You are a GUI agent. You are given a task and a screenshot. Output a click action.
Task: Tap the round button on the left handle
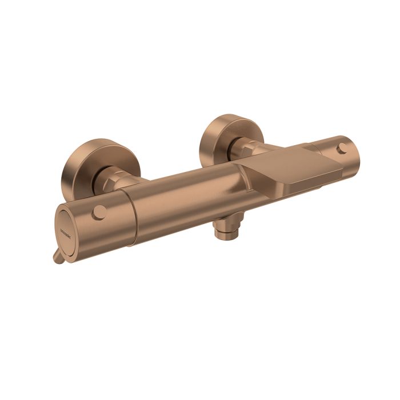pyautogui.click(x=99, y=213)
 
